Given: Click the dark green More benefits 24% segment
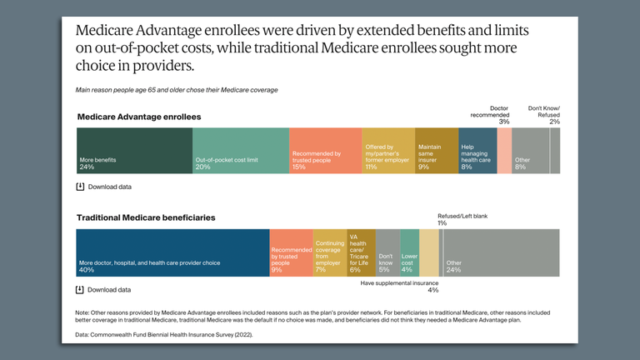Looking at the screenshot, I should click(134, 151).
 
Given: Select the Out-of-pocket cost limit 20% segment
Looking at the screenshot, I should click(241, 151).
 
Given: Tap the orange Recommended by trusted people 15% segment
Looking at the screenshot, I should click(326, 151).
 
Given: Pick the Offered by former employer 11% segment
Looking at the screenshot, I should click(389, 151).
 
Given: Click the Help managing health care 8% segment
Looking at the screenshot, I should click(477, 151).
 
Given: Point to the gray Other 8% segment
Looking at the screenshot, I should click(531, 151).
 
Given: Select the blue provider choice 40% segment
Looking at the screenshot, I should click(172, 252).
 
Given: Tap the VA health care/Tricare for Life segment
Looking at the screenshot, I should click(361, 252).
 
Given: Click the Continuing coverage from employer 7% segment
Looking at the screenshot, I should click(329, 252).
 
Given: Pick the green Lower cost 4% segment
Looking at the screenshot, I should click(409, 252).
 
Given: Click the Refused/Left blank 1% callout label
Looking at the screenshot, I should click(462, 219).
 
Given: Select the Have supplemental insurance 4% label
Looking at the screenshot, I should click(400, 286).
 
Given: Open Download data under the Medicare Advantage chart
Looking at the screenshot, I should click(109, 187).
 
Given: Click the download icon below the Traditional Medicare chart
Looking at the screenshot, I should click(81, 290).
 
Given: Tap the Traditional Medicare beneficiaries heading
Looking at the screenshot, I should click(146, 217).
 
